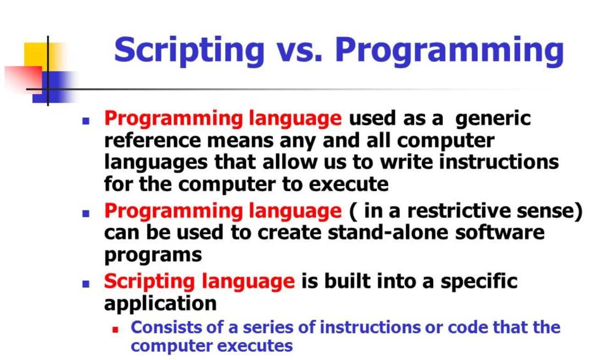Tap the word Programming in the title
[449, 50]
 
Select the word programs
[153, 255]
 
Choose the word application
[160, 303]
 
